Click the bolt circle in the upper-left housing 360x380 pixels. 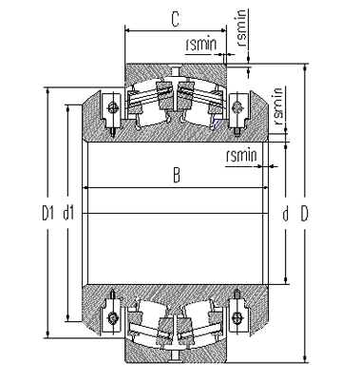pos(113,106)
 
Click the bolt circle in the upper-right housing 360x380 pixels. pos(237,106)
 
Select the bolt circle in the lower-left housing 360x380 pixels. pos(113,316)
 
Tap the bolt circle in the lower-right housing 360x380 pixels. pos(237,316)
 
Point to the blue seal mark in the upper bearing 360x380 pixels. pos(218,121)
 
